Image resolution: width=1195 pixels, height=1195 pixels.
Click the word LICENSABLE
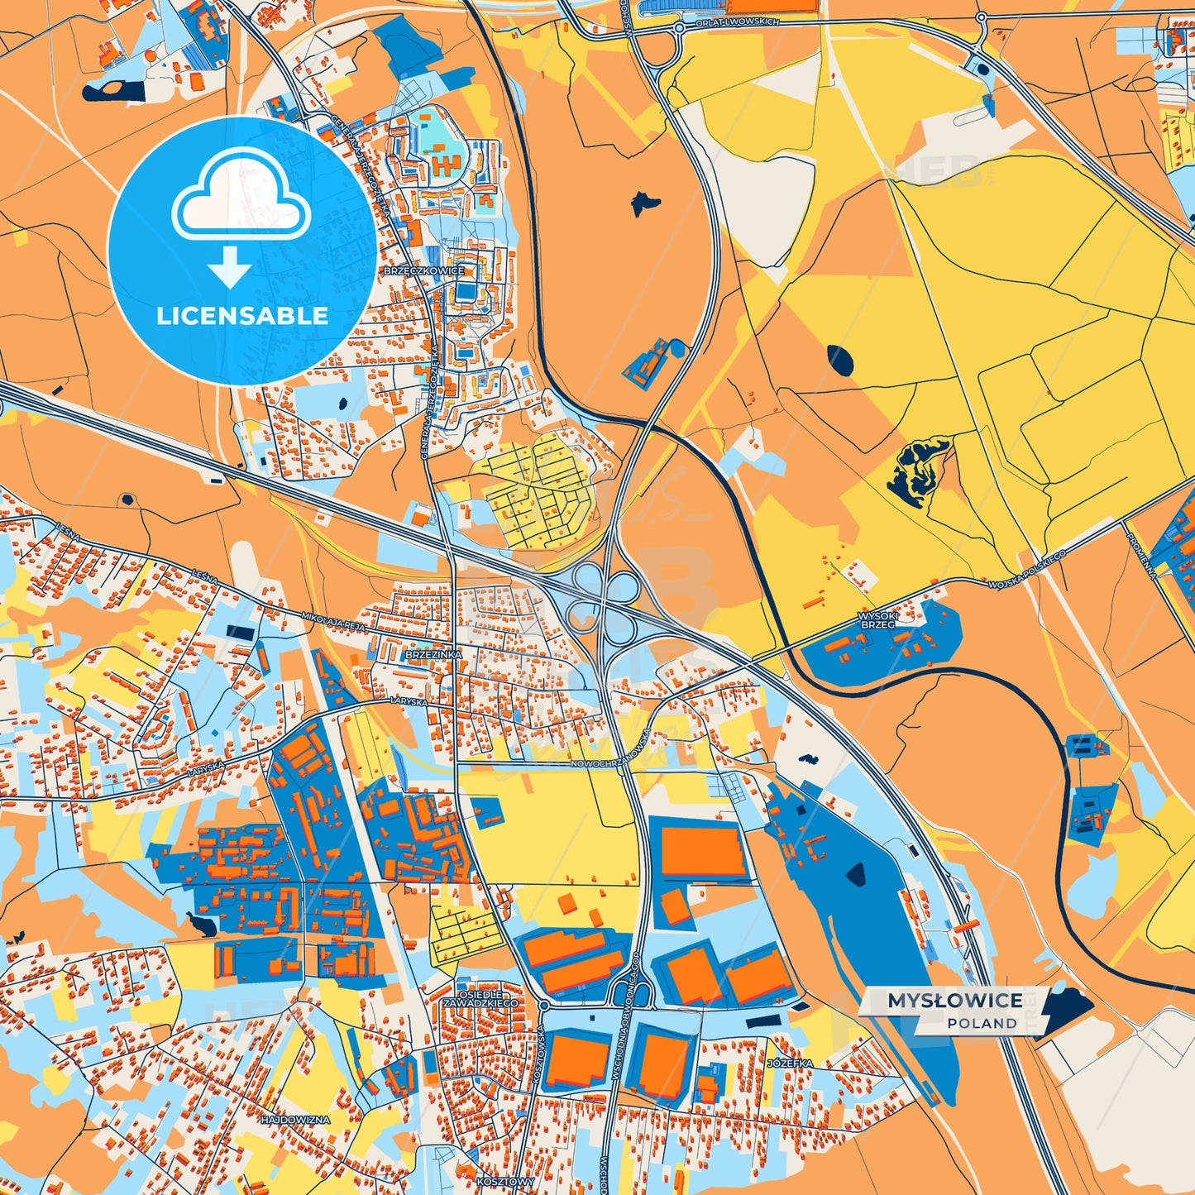pyautogui.click(x=242, y=316)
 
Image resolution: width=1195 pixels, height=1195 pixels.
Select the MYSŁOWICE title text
pyautogui.click(x=955, y=1001)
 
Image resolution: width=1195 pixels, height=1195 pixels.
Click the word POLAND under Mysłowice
pyautogui.click(x=982, y=1024)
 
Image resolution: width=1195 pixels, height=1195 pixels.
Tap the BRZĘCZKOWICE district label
pyautogui.click(x=423, y=270)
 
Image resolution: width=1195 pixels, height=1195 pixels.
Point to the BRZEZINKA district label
pyautogui.click(x=433, y=654)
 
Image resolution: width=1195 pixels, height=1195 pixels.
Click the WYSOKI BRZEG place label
pyautogui.click(x=877, y=620)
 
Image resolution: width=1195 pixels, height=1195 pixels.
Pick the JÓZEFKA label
pyautogui.click(x=790, y=1063)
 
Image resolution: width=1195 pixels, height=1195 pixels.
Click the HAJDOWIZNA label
pyautogui.click(x=295, y=1120)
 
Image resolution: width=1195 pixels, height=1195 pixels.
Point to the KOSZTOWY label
pyautogui.click(x=505, y=1181)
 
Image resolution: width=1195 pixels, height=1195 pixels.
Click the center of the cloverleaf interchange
pyautogui.click(x=604, y=602)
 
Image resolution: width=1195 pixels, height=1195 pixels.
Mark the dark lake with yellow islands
pyautogui.click(x=917, y=468)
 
